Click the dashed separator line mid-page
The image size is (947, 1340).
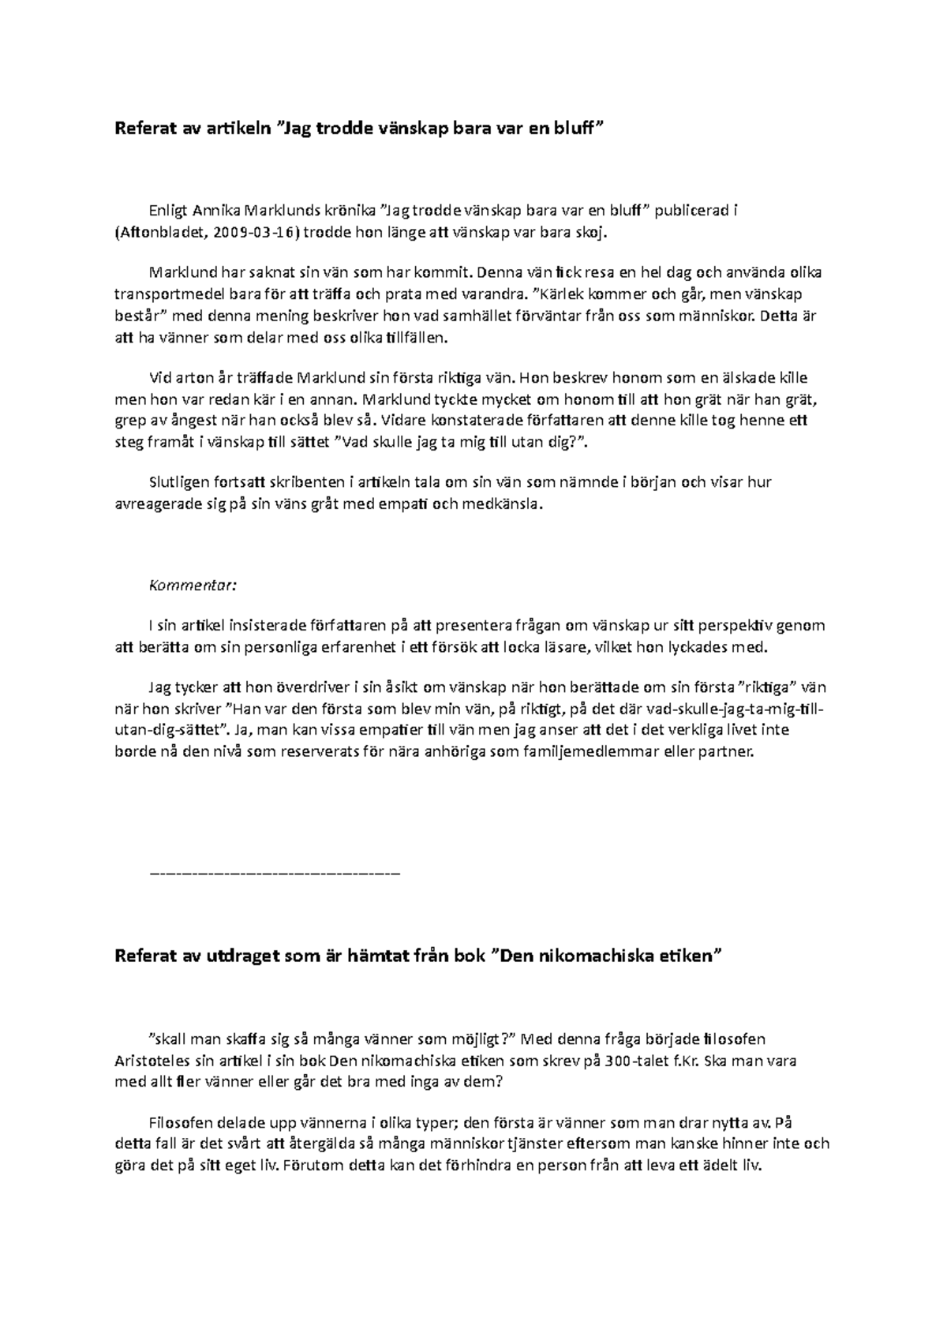tap(275, 874)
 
